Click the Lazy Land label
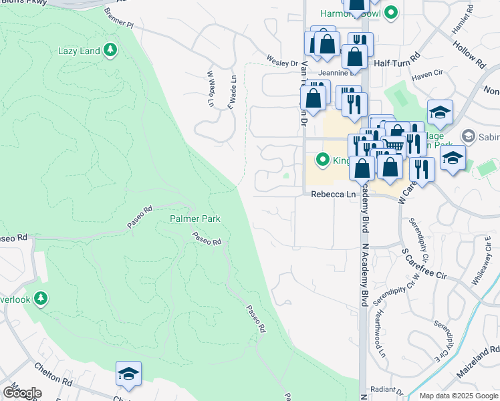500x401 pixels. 79,51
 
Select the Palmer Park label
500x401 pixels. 195,219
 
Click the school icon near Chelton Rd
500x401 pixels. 128,374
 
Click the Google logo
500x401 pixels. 22,393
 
